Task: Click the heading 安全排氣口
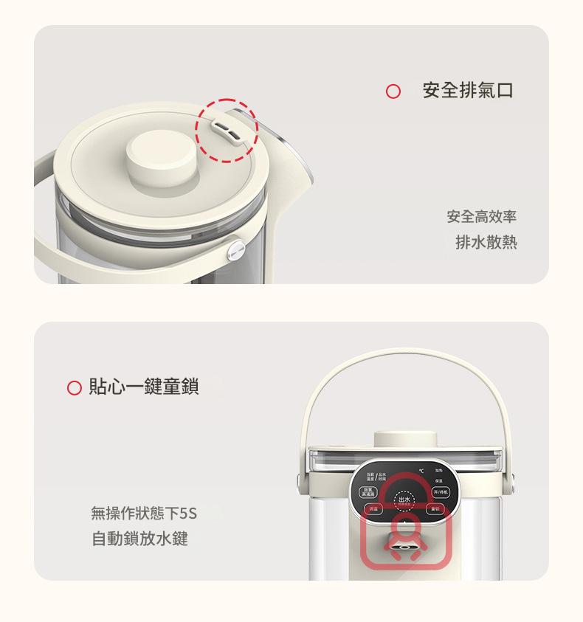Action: point(468,91)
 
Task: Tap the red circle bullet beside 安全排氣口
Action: point(393,91)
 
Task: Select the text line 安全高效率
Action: point(481,217)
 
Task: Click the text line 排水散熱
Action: point(486,242)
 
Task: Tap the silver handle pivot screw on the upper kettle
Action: point(236,251)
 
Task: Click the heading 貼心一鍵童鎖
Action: point(143,387)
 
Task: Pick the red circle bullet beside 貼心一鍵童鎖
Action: point(74,388)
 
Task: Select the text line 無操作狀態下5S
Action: point(144,512)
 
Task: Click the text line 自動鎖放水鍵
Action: point(139,539)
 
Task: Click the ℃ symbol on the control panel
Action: point(421,471)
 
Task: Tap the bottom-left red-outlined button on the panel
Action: point(373,509)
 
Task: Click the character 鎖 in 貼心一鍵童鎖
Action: point(190,387)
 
